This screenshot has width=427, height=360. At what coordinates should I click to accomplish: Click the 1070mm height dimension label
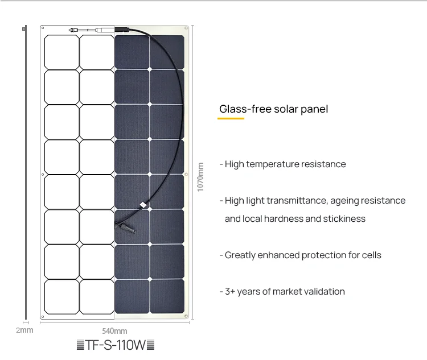(200, 177)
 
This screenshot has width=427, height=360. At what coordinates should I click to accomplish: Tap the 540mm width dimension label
(114, 330)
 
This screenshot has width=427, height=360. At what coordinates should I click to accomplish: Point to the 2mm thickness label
(24, 330)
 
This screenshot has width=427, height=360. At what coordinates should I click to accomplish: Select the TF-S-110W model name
(115, 345)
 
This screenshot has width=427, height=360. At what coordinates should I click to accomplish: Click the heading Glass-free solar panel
(273, 109)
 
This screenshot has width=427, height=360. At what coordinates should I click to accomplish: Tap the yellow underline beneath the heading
(231, 119)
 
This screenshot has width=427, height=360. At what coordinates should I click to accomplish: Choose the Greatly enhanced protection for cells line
(302, 255)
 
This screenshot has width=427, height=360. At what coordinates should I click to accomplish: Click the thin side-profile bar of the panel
(24, 171)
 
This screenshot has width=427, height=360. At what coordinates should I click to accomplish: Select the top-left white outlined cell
(61, 52)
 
